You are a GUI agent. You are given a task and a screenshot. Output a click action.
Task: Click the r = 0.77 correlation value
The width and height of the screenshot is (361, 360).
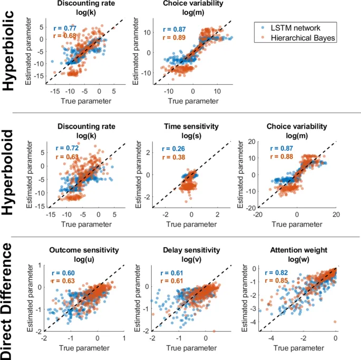click(x=65, y=27)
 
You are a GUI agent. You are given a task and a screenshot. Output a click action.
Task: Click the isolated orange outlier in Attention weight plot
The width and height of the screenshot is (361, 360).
click(x=334, y=322)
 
